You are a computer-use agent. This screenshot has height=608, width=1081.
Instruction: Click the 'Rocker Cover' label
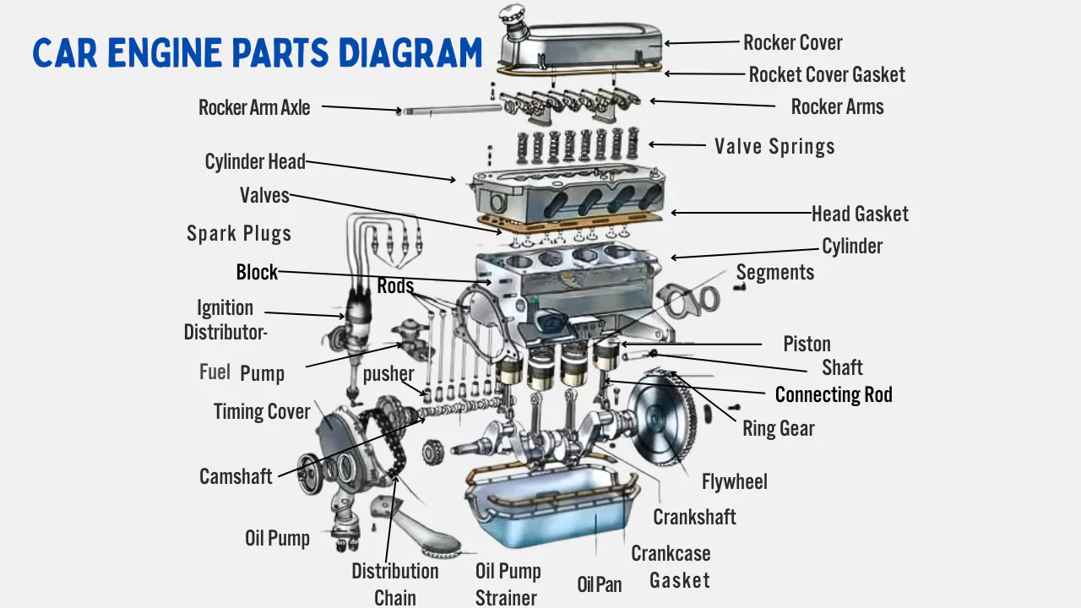click(x=792, y=42)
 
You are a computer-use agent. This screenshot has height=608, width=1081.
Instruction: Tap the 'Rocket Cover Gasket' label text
click(x=826, y=74)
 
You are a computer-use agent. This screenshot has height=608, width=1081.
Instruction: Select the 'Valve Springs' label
click(x=774, y=146)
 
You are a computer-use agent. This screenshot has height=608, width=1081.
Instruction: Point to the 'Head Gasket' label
click(x=860, y=214)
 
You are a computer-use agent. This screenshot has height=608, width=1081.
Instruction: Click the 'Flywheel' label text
click(x=734, y=481)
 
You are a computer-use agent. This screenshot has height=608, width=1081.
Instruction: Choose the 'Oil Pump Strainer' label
click(x=507, y=584)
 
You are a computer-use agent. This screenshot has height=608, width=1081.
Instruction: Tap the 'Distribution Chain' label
click(x=394, y=584)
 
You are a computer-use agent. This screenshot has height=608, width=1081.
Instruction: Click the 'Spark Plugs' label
click(x=239, y=234)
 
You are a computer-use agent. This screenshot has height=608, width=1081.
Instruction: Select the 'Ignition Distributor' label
click(x=225, y=320)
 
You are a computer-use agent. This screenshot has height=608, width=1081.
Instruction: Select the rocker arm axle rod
click(x=448, y=109)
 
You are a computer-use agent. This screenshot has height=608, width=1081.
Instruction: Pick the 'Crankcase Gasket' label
click(x=671, y=567)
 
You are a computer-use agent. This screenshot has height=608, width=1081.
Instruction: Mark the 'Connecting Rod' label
click(x=833, y=394)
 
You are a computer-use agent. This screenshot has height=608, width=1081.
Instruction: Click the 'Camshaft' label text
click(x=236, y=476)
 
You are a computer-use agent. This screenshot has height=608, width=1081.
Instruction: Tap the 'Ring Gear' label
click(x=778, y=428)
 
